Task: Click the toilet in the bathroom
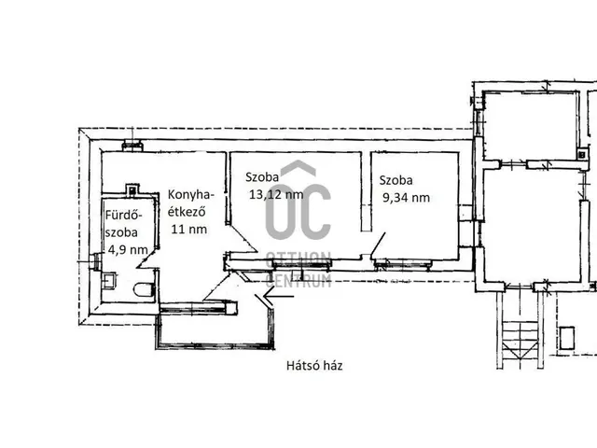point(144,290)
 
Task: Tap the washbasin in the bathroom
point(109,280)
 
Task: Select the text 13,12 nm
point(276,195)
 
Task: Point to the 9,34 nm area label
point(406,198)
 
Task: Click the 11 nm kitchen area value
point(188,230)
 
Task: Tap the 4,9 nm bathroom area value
point(128,250)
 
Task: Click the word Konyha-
point(190,195)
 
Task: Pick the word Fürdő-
point(123,216)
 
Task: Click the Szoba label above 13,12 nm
point(262,177)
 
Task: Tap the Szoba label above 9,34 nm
point(396,180)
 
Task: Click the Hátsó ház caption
point(314,366)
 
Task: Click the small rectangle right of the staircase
point(567,338)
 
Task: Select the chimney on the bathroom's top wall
point(132,189)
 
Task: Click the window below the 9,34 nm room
point(402,263)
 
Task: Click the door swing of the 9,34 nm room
point(378,244)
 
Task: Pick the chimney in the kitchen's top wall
point(132,146)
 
